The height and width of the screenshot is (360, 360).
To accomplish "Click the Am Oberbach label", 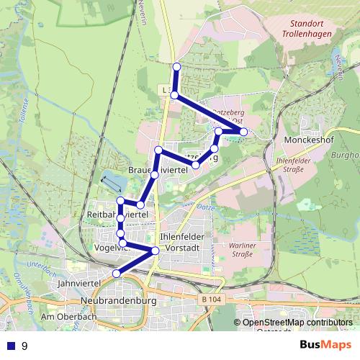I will [x=68, y=317].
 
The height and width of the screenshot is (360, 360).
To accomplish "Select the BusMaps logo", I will [x=326, y=346].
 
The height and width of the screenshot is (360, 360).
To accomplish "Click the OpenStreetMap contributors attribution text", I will [x=297, y=323].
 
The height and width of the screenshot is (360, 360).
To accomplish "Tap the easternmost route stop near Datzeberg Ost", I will [x=243, y=132].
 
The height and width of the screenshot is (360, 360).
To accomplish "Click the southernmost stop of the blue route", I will [x=117, y=273].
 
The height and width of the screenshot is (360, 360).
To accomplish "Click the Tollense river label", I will [x=24, y=112].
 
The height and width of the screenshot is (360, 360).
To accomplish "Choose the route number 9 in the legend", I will [x=25, y=346].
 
